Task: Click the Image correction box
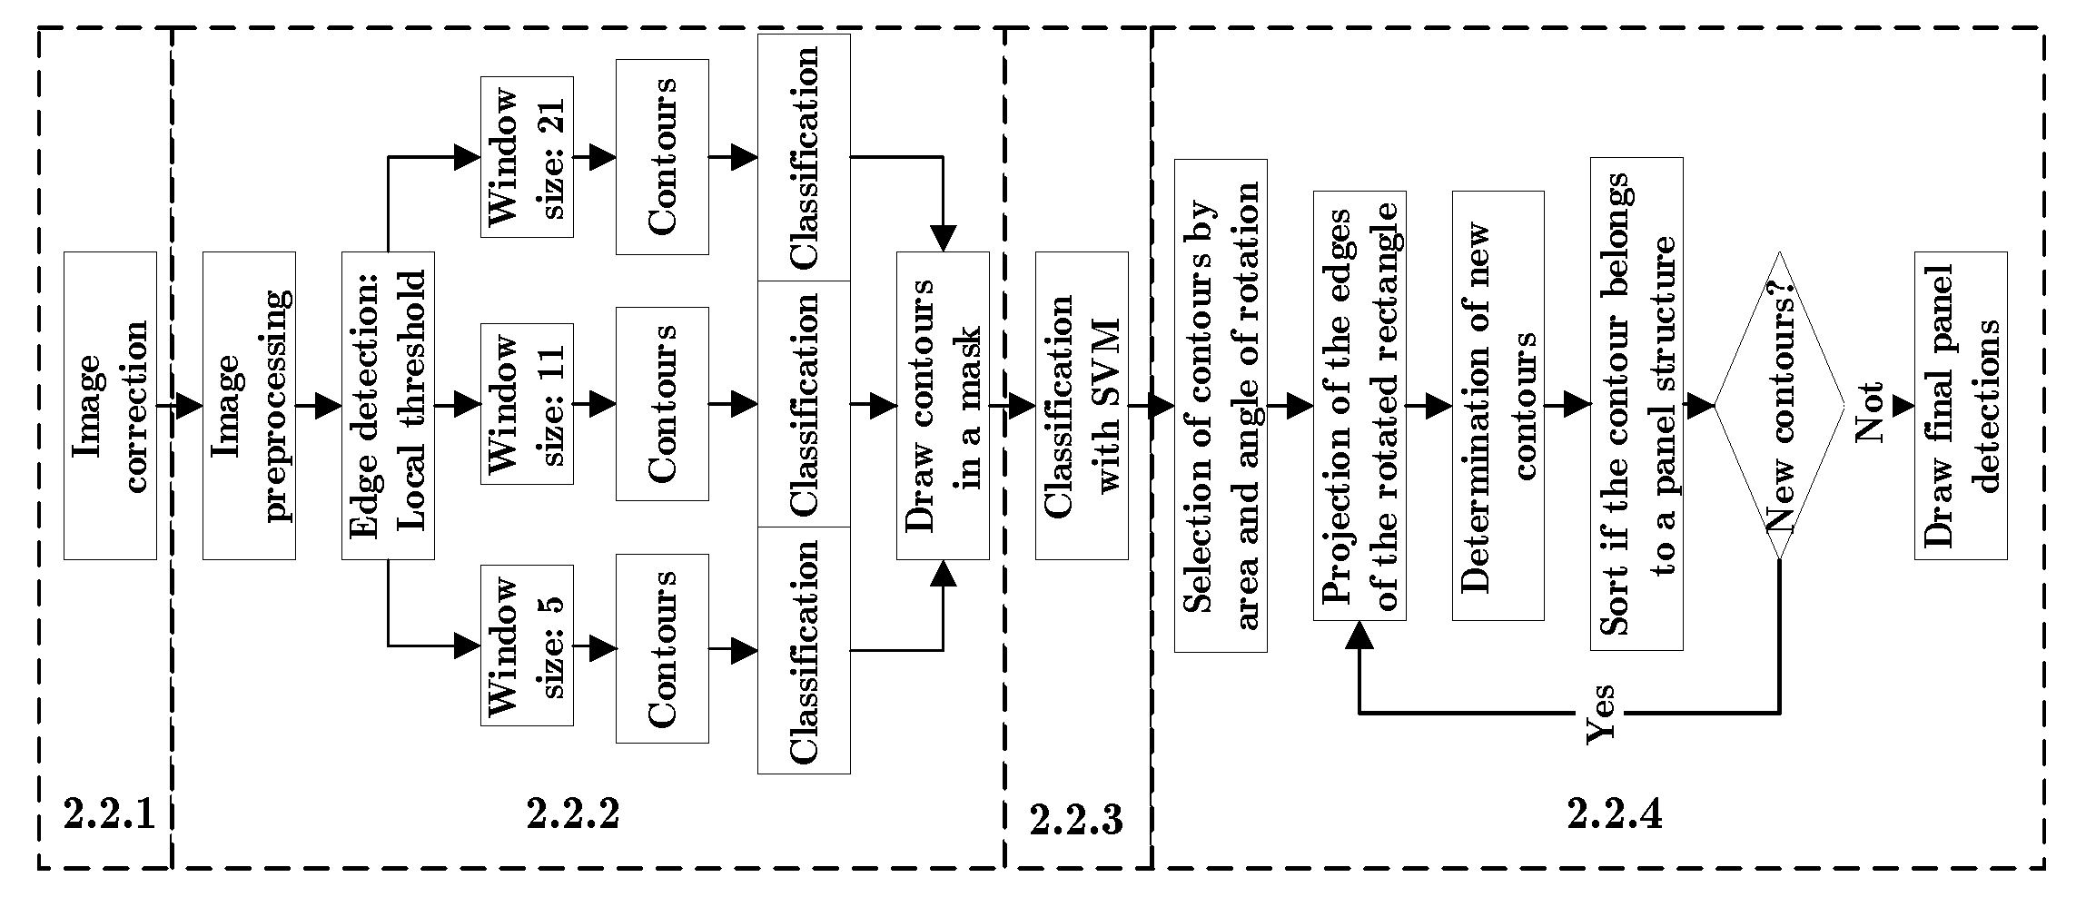point(110,405)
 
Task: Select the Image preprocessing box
point(249,405)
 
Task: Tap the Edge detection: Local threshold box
point(388,405)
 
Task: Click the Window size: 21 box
point(527,157)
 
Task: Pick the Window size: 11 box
point(527,403)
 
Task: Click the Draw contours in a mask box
point(943,405)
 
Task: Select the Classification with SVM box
point(1082,405)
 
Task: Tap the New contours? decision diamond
point(1778,405)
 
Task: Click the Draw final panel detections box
point(1961,405)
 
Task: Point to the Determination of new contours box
point(1498,405)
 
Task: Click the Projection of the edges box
point(1359,405)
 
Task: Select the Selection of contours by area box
point(1221,405)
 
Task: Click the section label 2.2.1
point(109,814)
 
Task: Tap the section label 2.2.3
point(1076,820)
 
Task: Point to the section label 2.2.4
point(1615,814)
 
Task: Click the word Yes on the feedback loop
point(1602,714)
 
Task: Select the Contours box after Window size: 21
point(662,157)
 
